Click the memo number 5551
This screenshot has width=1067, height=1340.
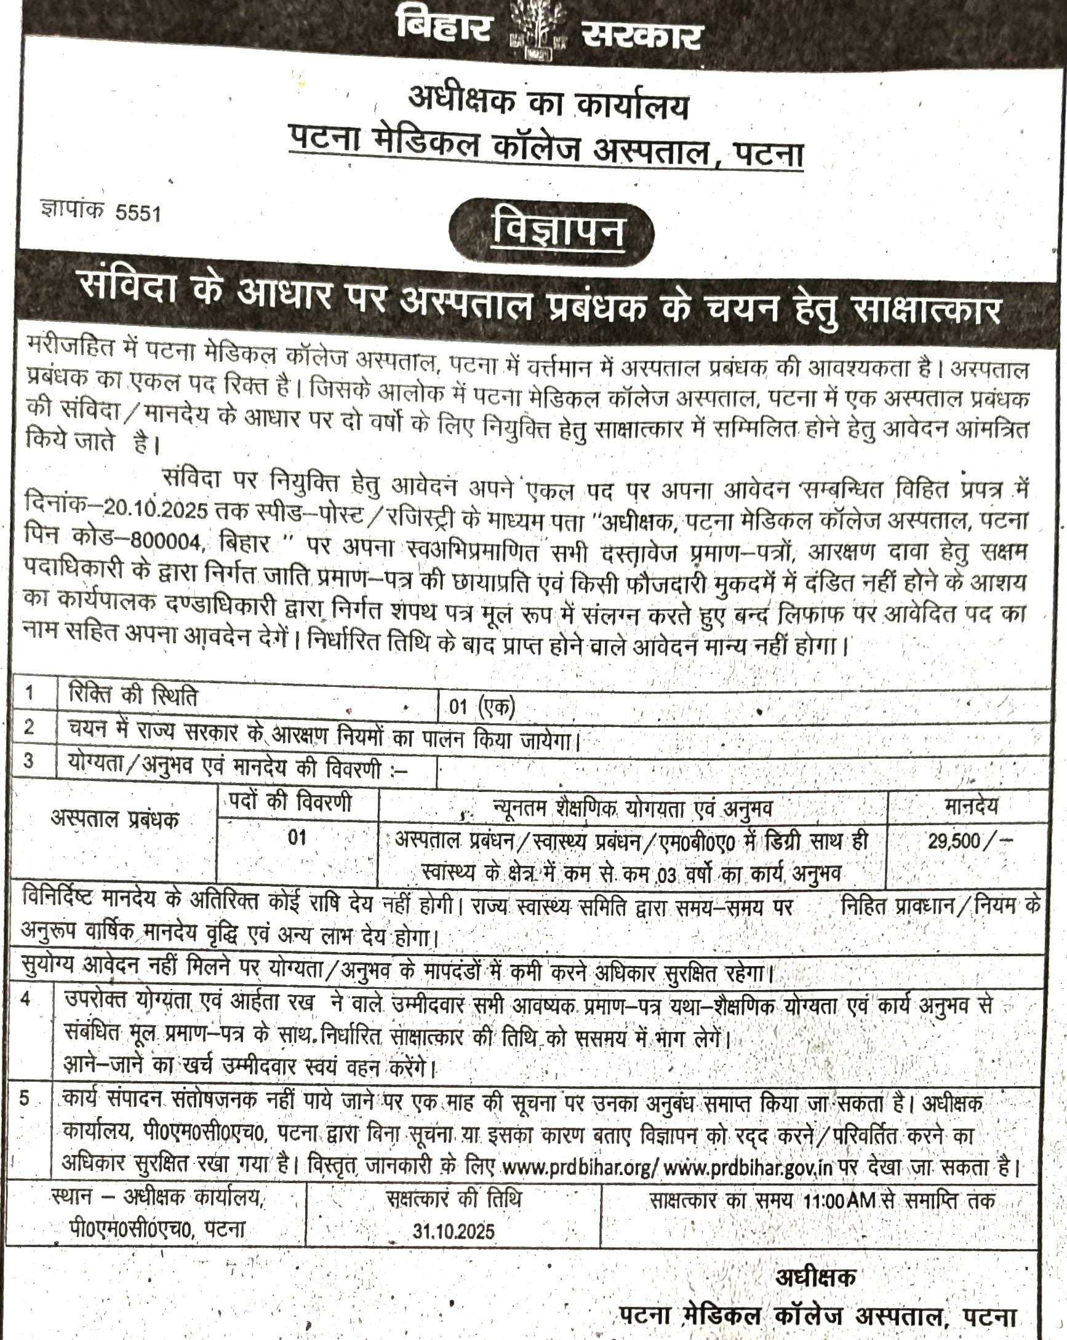[137, 213]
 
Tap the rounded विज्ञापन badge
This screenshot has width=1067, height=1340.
[552, 231]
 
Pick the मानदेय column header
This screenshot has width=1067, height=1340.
[970, 806]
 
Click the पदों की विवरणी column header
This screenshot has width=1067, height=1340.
[297, 803]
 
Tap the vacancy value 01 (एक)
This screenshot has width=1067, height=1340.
[482, 707]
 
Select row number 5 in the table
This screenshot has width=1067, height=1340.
[25, 1099]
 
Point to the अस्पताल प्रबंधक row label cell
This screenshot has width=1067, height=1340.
[115, 820]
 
